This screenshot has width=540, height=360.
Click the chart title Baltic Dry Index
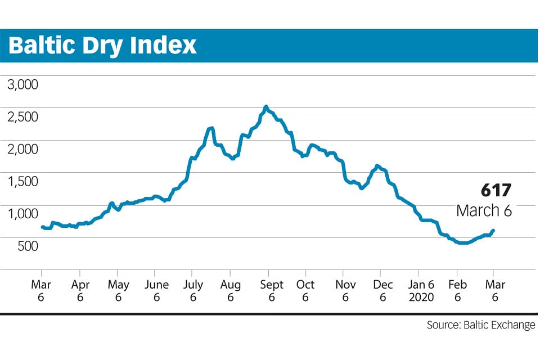click(x=102, y=46)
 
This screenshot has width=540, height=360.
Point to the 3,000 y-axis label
click(x=22, y=84)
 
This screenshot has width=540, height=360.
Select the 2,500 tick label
click(x=22, y=117)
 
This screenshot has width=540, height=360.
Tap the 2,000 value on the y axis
click(x=22, y=149)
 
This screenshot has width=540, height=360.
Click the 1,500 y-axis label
click(x=22, y=181)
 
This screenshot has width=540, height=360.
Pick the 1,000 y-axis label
click(x=22, y=214)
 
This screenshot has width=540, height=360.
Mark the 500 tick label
click(x=28, y=246)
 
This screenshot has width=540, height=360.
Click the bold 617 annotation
click(x=496, y=190)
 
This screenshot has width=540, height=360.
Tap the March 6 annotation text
click(x=484, y=210)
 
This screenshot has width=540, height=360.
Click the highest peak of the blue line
click(x=265, y=107)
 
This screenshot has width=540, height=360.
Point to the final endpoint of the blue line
click(x=493, y=231)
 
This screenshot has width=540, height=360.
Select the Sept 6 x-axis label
click(x=271, y=290)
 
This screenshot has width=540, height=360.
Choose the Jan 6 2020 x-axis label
click(x=421, y=290)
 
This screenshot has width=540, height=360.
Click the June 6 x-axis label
click(x=156, y=290)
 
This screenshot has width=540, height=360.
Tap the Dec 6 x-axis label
click(x=382, y=290)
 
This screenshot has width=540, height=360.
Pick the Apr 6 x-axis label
click(x=80, y=290)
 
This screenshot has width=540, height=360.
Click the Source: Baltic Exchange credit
click(x=481, y=325)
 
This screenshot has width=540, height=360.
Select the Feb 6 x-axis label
click(x=458, y=290)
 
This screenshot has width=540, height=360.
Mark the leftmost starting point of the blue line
click(x=42, y=227)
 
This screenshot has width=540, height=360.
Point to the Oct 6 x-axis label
click(x=305, y=290)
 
